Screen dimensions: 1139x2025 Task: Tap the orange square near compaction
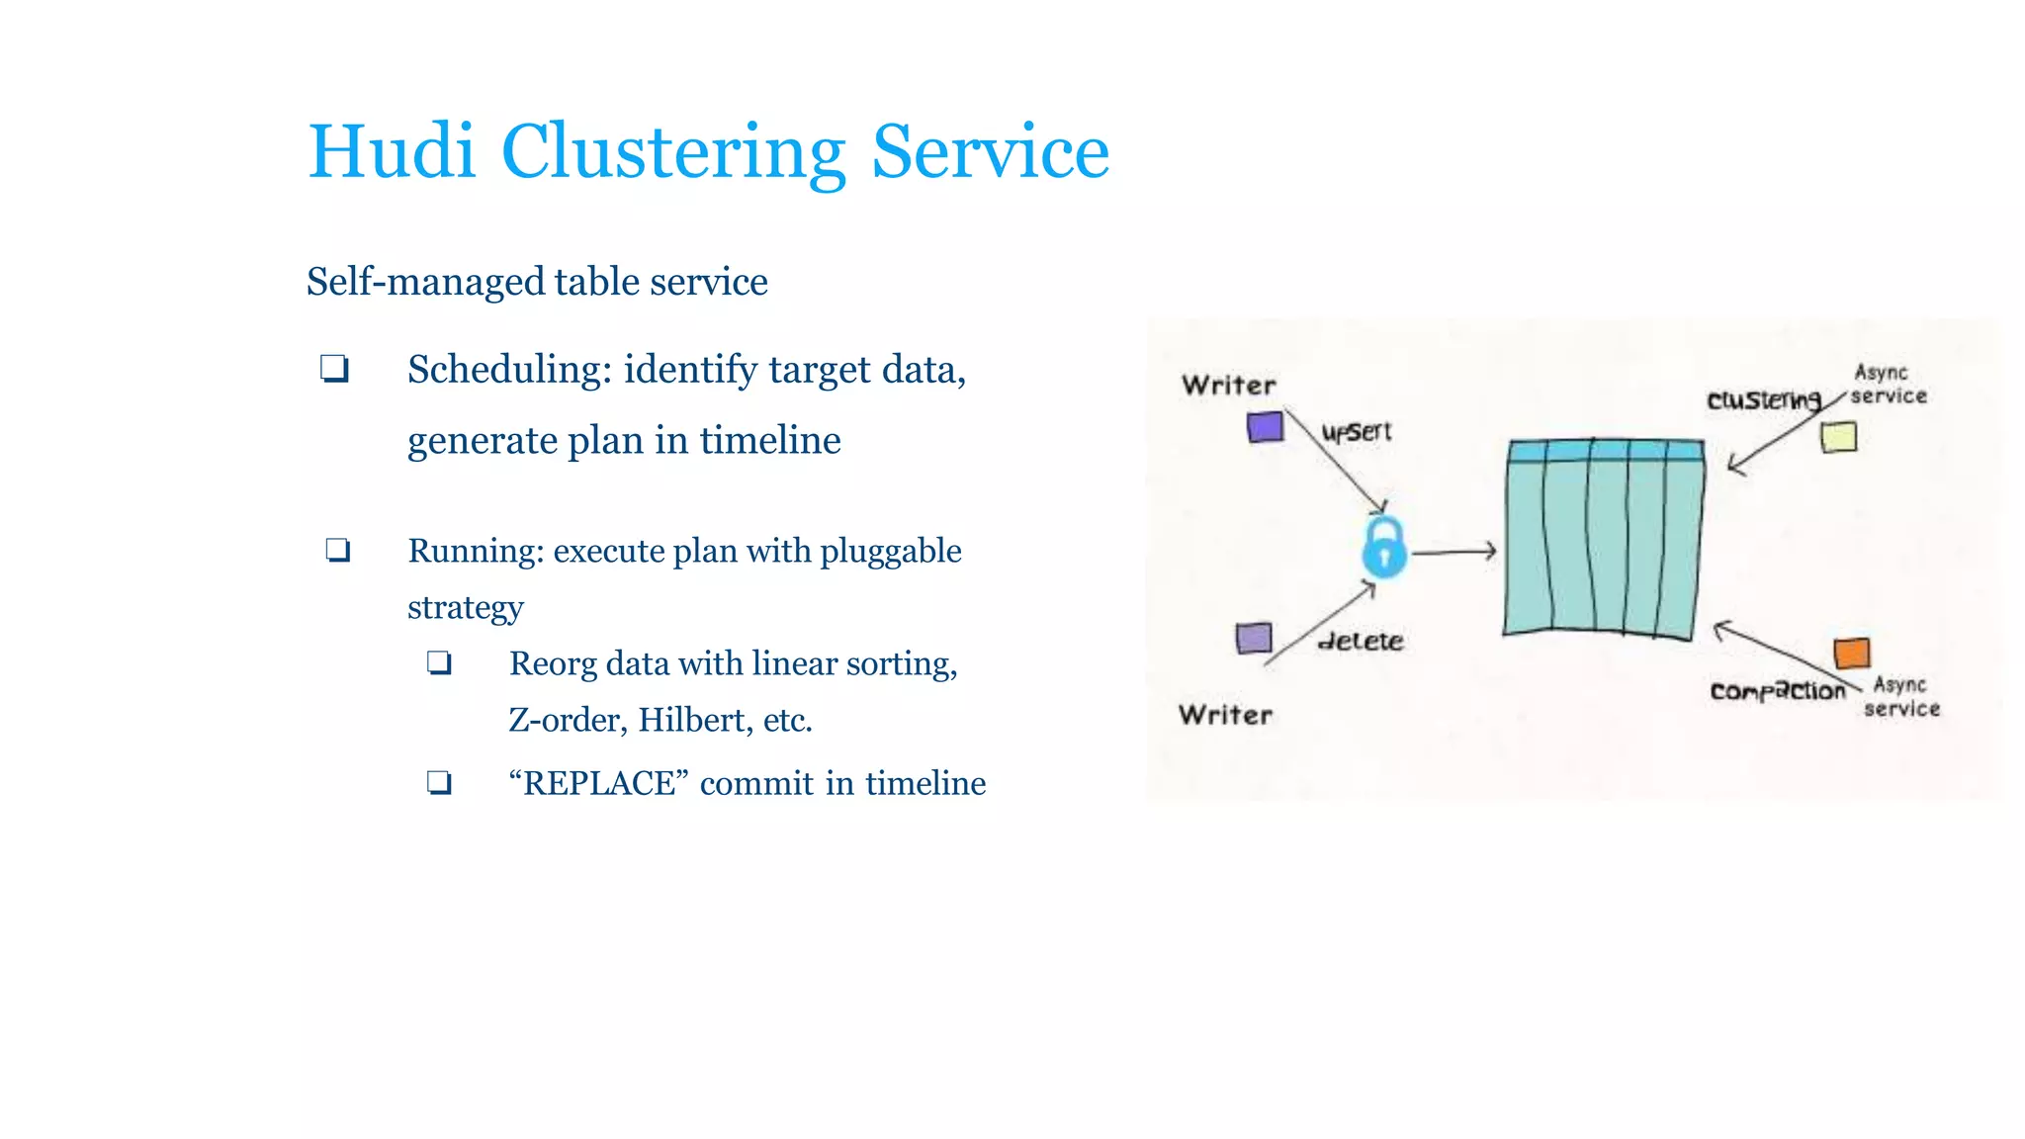pos(1852,654)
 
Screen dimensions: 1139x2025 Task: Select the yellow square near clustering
pos(1839,437)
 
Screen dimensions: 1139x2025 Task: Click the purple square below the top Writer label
pos(1265,427)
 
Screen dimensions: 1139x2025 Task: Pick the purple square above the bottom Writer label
pos(1254,638)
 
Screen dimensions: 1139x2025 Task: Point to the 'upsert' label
pos(1357,432)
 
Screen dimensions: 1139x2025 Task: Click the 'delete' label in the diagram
pos(1362,642)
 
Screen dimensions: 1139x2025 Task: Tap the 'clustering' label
pos(1764,400)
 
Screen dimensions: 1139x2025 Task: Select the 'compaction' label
pos(1778,691)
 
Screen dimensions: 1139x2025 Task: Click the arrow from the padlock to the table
pos(1453,552)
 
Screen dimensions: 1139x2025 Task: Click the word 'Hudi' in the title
pos(392,152)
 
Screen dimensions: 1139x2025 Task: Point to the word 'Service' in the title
pos(990,152)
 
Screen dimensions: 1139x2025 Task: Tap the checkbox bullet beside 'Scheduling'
pos(334,369)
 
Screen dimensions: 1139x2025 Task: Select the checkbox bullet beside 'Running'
pos(338,550)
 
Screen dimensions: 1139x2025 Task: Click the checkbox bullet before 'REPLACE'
pos(439,783)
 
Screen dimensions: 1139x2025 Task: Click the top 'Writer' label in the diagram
pos(1229,385)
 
